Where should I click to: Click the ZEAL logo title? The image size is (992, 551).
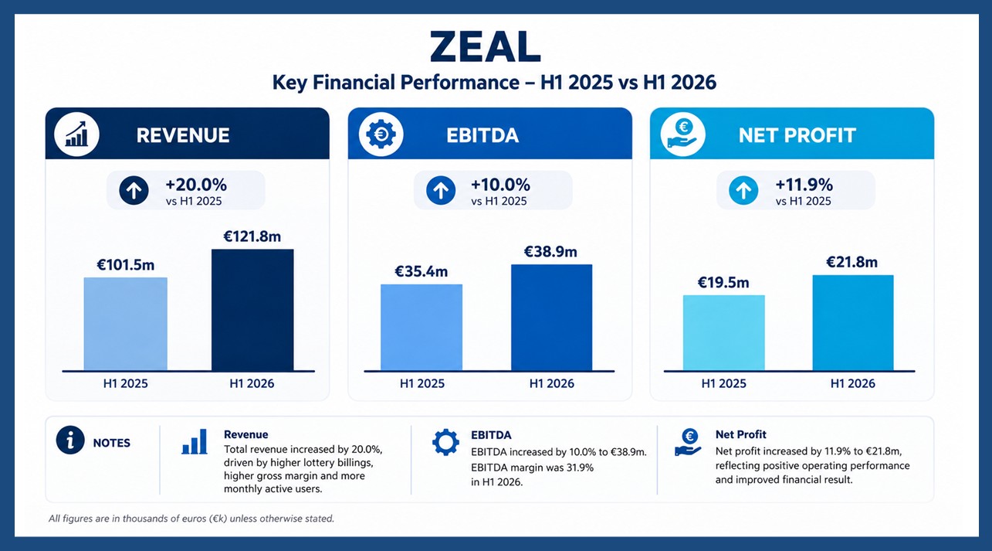coord(485,47)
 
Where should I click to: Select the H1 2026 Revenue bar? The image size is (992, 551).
coord(252,310)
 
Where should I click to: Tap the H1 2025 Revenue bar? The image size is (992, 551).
coord(126,324)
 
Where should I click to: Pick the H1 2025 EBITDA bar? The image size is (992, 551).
coord(422,327)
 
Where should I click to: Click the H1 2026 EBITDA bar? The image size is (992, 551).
coord(552,318)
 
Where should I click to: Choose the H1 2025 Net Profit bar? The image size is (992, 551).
coord(723,332)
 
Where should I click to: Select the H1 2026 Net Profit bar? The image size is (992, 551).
coord(853,323)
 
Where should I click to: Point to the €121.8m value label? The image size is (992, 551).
coord(252,236)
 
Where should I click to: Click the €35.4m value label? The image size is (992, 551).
coord(422,270)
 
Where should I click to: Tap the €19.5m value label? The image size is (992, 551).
coord(723,282)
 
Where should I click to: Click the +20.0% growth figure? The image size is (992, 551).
coord(196,185)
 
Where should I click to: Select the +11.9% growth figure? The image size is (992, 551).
coord(804,185)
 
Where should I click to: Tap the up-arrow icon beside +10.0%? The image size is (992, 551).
coord(441,191)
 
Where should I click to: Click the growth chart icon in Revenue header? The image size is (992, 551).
coord(76,134)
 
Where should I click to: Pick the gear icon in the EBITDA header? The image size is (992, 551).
coord(381,134)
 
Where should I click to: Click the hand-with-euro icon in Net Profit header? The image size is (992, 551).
coord(683,134)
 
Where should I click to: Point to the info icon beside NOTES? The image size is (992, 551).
coord(70,440)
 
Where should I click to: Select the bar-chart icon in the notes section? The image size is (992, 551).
coord(195,441)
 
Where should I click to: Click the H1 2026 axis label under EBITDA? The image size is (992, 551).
coord(552,383)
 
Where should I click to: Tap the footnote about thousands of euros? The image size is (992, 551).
coord(191,519)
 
